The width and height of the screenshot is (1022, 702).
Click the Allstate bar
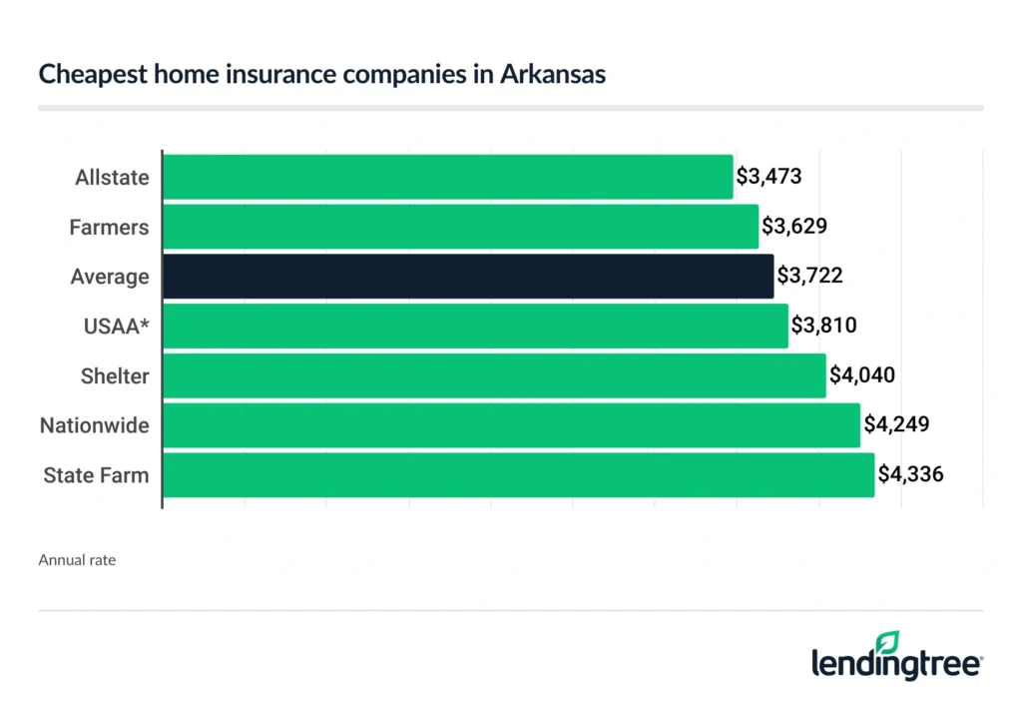coord(447,177)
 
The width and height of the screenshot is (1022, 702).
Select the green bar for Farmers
coord(460,227)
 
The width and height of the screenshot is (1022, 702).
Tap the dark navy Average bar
coord(467,277)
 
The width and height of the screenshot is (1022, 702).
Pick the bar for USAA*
coord(475,327)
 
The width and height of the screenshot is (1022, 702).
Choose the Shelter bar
coord(494,375)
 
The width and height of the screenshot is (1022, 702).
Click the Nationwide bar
coord(511,425)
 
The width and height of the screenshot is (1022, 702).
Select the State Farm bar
coord(518,475)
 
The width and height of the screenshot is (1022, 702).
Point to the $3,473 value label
coord(769,177)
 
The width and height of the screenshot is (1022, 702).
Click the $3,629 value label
coord(794,227)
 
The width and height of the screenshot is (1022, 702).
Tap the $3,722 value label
coord(809,277)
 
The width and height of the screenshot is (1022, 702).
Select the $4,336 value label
coord(910,475)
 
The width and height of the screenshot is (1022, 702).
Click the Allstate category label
coord(112,178)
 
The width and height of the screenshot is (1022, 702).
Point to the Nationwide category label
coord(95,426)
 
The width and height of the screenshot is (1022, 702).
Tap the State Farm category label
coord(96,475)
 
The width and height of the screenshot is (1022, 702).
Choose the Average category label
coord(110,277)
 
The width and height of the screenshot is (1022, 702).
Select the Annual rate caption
coord(77,560)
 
